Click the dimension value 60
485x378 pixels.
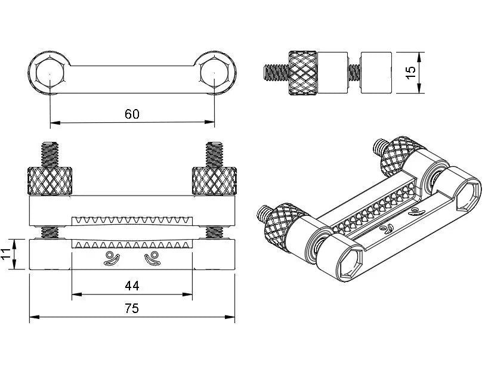(132, 114)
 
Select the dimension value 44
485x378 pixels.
(132, 286)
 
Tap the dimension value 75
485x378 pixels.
(132, 308)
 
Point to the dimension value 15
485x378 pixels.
(410, 72)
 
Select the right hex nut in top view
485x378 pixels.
(214, 73)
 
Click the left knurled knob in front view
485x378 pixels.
(51, 181)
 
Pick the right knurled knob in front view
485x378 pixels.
(214, 181)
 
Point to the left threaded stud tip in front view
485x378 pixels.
(51, 153)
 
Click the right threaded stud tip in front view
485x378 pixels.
(214, 153)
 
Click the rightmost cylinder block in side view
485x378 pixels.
(376, 72)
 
